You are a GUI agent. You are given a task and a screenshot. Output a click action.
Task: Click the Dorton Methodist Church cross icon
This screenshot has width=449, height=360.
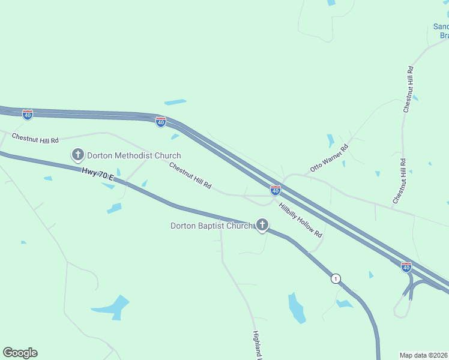pyautogui.click(x=77, y=155)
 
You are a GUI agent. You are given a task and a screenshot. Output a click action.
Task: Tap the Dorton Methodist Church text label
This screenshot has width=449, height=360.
pyautogui.click(x=134, y=156)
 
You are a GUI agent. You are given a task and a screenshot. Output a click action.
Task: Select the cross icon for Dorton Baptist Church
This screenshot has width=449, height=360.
pyautogui.click(x=262, y=225)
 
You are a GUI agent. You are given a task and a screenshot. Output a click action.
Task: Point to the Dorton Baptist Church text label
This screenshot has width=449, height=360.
pyautogui.click(x=212, y=226)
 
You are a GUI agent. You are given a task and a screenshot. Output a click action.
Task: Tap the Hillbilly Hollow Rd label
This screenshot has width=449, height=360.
pyautogui.click(x=301, y=218)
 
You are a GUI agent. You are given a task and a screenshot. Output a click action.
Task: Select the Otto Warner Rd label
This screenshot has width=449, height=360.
pyautogui.click(x=329, y=158)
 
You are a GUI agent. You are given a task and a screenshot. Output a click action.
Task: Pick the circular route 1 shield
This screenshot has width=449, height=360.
pyautogui.click(x=336, y=278)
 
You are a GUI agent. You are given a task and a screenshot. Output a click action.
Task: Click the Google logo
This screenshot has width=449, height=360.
pyautogui.click(x=20, y=353)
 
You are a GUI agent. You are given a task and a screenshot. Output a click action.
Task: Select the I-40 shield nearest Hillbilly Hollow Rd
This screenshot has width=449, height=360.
pyautogui.click(x=275, y=190)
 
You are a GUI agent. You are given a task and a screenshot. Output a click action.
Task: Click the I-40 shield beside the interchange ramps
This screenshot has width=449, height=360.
pyautogui.click(x=406, y=266)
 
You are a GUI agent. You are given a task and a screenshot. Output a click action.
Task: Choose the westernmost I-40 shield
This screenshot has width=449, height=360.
pyautogui.click(x=28, y=113)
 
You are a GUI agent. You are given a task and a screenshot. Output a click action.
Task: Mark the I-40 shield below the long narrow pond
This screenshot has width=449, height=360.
pyautogui.click(x=161, y=122)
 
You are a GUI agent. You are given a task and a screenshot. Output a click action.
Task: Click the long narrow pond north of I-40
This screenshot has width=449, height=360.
pyautogui.click(x=175, y=102)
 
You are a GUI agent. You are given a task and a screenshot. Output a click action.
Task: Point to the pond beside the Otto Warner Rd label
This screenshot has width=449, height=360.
pyautogui.click(x=331, y=141)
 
